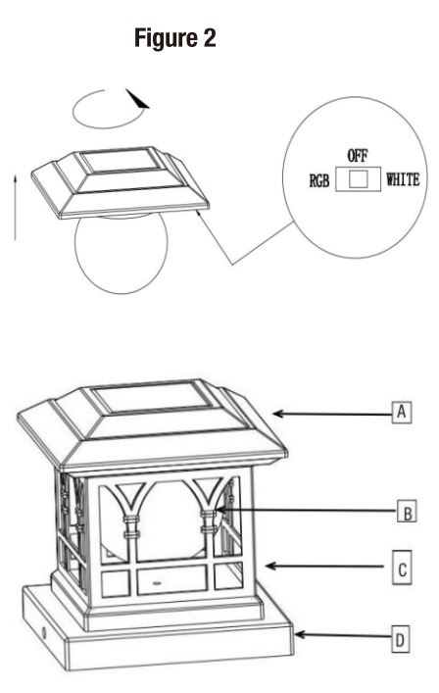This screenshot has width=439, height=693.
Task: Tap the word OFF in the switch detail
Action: (x=357, y=156)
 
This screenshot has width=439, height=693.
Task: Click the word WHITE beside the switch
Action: (x=403, y=179)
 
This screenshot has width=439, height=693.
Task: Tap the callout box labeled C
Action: (x=403, y=567)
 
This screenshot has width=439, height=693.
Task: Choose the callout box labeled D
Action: (x=401, y=640)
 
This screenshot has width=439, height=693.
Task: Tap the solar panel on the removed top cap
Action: (x=115, y=163)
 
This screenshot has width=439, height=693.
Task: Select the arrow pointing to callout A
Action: (x=333, y=414)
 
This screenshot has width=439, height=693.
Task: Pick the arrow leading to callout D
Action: (x=343, y=639)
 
